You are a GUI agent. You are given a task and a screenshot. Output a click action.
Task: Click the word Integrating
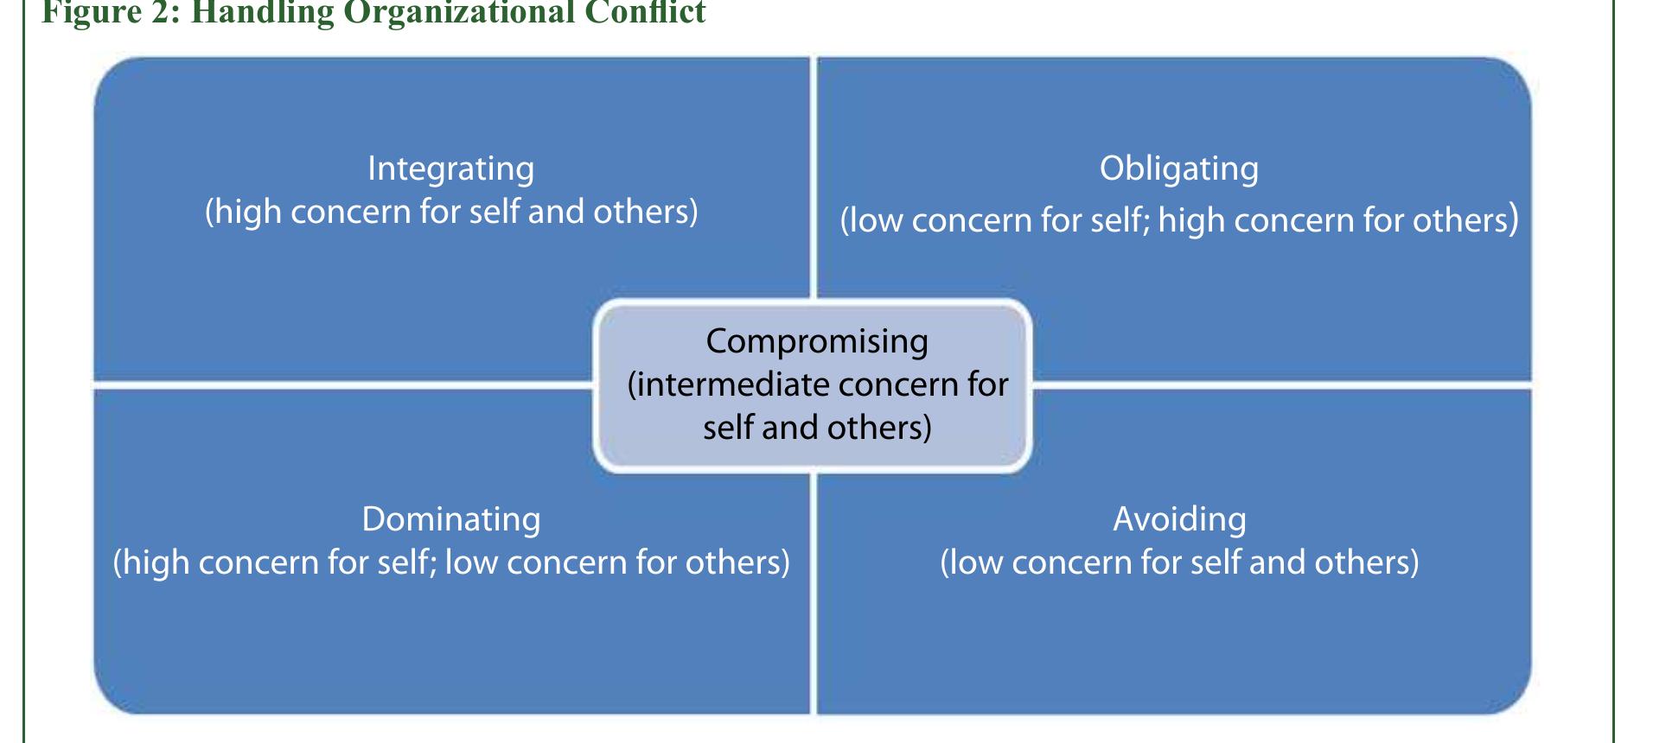pos(450,169)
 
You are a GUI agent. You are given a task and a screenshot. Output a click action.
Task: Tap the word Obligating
pos(1178,169)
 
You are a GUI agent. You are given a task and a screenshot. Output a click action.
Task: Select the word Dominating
pos(450,519)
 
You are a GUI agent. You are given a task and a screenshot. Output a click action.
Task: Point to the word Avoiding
pos(1179,519)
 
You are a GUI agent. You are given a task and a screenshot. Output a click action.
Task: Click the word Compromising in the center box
pos(816,342)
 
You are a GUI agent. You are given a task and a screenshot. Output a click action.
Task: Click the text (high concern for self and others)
pos(450,213)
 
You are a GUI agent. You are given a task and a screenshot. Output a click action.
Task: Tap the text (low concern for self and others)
pos(1179,562)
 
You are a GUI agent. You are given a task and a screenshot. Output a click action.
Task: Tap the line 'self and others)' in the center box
pos(816,428)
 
